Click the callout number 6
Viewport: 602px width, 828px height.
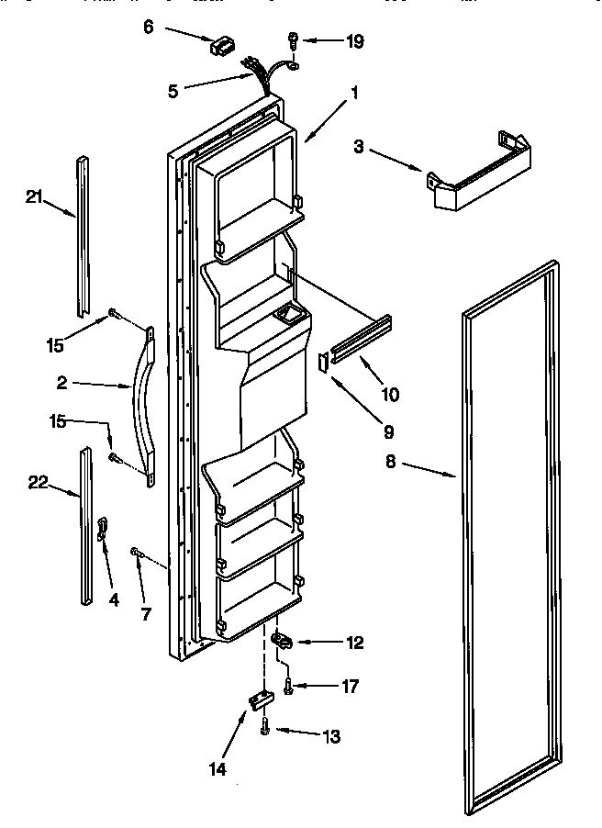click(x=150, y=28)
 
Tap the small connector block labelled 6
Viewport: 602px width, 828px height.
click(x=222, y=47)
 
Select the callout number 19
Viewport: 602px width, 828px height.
click(x=328, y=41)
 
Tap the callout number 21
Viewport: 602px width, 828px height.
click(x=35, y=195)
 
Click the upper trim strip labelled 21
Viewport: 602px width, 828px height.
click(x=84, y=233)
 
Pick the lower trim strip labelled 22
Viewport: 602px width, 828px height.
click(x=85, y=525)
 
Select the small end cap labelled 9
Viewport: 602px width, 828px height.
click(x=322, y=362)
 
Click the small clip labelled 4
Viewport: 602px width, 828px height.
click(x=103, y=530)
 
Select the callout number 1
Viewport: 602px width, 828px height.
click(x=354, y=92)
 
